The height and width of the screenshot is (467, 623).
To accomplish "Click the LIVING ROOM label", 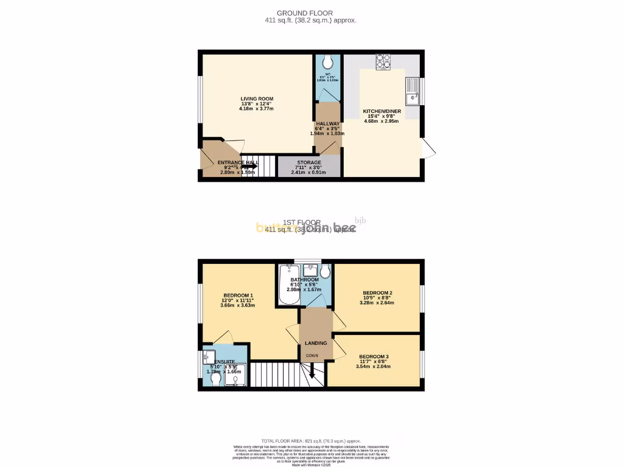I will coord(257,99).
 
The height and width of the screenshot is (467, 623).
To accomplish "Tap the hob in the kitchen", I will coord(383,61).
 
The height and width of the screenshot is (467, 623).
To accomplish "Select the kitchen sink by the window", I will coord(411,92).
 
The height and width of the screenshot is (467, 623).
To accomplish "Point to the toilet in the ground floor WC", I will coord(329,62).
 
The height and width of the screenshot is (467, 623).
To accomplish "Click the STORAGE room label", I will coord(309,162).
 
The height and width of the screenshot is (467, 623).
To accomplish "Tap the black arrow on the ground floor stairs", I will coord(249,165).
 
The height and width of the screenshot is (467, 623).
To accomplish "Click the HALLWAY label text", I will coord(327,123).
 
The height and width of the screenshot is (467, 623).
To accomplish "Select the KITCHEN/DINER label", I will coord(381,111).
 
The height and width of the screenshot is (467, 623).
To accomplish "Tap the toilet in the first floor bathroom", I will coord(325,271).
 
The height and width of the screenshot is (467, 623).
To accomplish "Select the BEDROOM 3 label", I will coord(374,356).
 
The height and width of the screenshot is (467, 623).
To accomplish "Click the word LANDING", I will coord(316,343).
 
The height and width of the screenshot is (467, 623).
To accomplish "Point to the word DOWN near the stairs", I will coord(311,356).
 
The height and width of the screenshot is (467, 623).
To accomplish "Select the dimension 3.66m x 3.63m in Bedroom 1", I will coord(237,305).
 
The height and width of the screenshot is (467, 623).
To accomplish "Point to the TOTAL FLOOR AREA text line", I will coord(311,441).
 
